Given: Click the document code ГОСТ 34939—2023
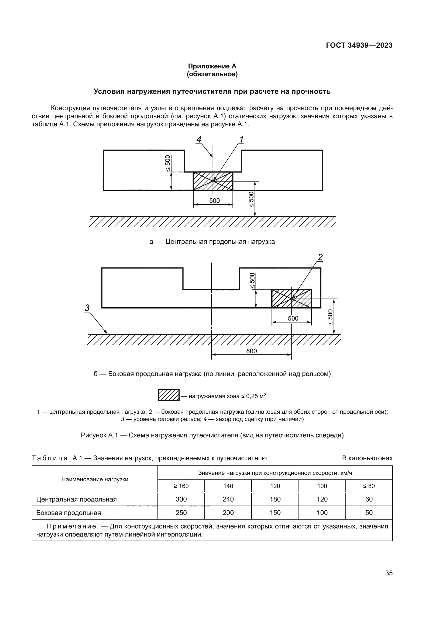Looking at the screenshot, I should [359, 45].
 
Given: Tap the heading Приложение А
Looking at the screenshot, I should [212, 66].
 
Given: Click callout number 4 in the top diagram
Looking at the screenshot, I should [199, 140].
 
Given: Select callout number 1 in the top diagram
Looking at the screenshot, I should [241, 140].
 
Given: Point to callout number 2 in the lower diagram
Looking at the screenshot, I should [320, 257].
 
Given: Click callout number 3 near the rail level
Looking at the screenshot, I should [87, 308].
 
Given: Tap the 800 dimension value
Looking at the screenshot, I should [251, 351].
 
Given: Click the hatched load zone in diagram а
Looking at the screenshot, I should [213, 181].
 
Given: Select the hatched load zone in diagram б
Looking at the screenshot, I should [291, 299].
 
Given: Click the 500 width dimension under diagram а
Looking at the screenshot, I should [214, 201].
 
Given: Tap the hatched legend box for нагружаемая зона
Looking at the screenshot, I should [169, 395].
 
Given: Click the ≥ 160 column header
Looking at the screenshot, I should [181, 486].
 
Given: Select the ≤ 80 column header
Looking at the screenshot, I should [369, 486].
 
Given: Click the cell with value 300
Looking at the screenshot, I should [181, 499].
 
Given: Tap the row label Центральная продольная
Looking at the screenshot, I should [76, 499].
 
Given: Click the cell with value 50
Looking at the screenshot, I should [369, 513].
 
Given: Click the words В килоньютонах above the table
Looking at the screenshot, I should [367, 458].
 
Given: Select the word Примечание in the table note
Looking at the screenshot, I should [71, 526].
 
